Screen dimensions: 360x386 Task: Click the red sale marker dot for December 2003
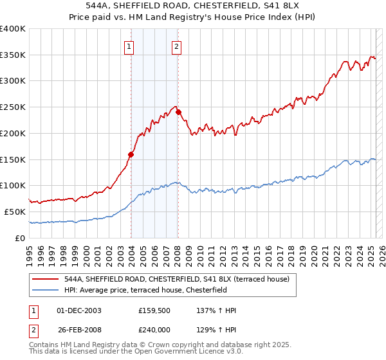(131, 154)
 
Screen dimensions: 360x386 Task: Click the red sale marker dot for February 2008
(178, 113)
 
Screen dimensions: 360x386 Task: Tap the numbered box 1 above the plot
(129, 46)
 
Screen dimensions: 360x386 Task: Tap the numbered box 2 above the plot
(176, 46)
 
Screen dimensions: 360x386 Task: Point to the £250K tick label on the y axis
(13, 107)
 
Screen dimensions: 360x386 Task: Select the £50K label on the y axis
(15, 212)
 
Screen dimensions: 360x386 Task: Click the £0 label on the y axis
(21, 238)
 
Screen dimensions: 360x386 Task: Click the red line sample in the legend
(46, 279)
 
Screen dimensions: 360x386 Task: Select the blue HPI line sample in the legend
(46, 290)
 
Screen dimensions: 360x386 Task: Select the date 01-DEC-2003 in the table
(79, 310)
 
